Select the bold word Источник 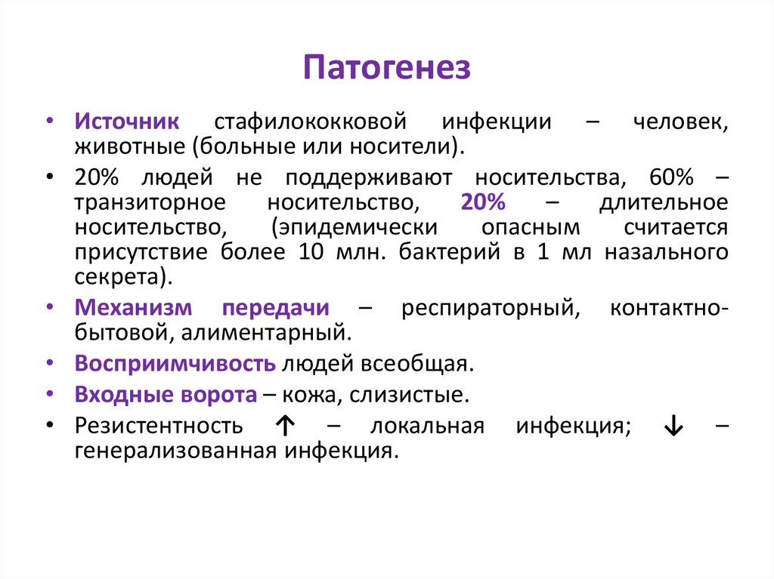tap(126, 122)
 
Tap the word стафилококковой tap(311, 122)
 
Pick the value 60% tap(670, 179)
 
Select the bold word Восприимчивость tap(175, 363)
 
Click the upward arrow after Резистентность tap(284, 426)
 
